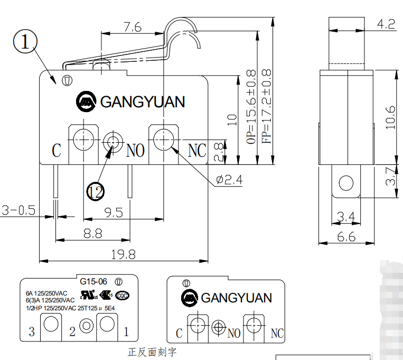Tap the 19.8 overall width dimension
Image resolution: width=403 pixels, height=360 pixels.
coord(123,254)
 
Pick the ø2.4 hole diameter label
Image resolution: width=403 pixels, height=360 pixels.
coord(229,180)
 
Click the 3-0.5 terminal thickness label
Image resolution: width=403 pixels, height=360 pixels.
coord(18,210)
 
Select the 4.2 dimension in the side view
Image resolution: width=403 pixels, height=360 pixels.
coord(386,23)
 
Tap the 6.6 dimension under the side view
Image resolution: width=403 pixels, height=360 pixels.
coord(346,237)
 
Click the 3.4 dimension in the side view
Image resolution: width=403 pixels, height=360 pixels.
coord(346,216)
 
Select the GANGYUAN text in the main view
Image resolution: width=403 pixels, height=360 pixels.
coord(143,101)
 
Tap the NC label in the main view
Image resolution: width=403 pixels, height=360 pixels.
coord(196,151)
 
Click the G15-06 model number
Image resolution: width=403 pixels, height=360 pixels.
coord(93,281)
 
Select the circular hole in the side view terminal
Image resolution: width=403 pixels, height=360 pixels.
coord(346,183)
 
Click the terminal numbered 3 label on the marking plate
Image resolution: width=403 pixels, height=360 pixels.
coord(32,332)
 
